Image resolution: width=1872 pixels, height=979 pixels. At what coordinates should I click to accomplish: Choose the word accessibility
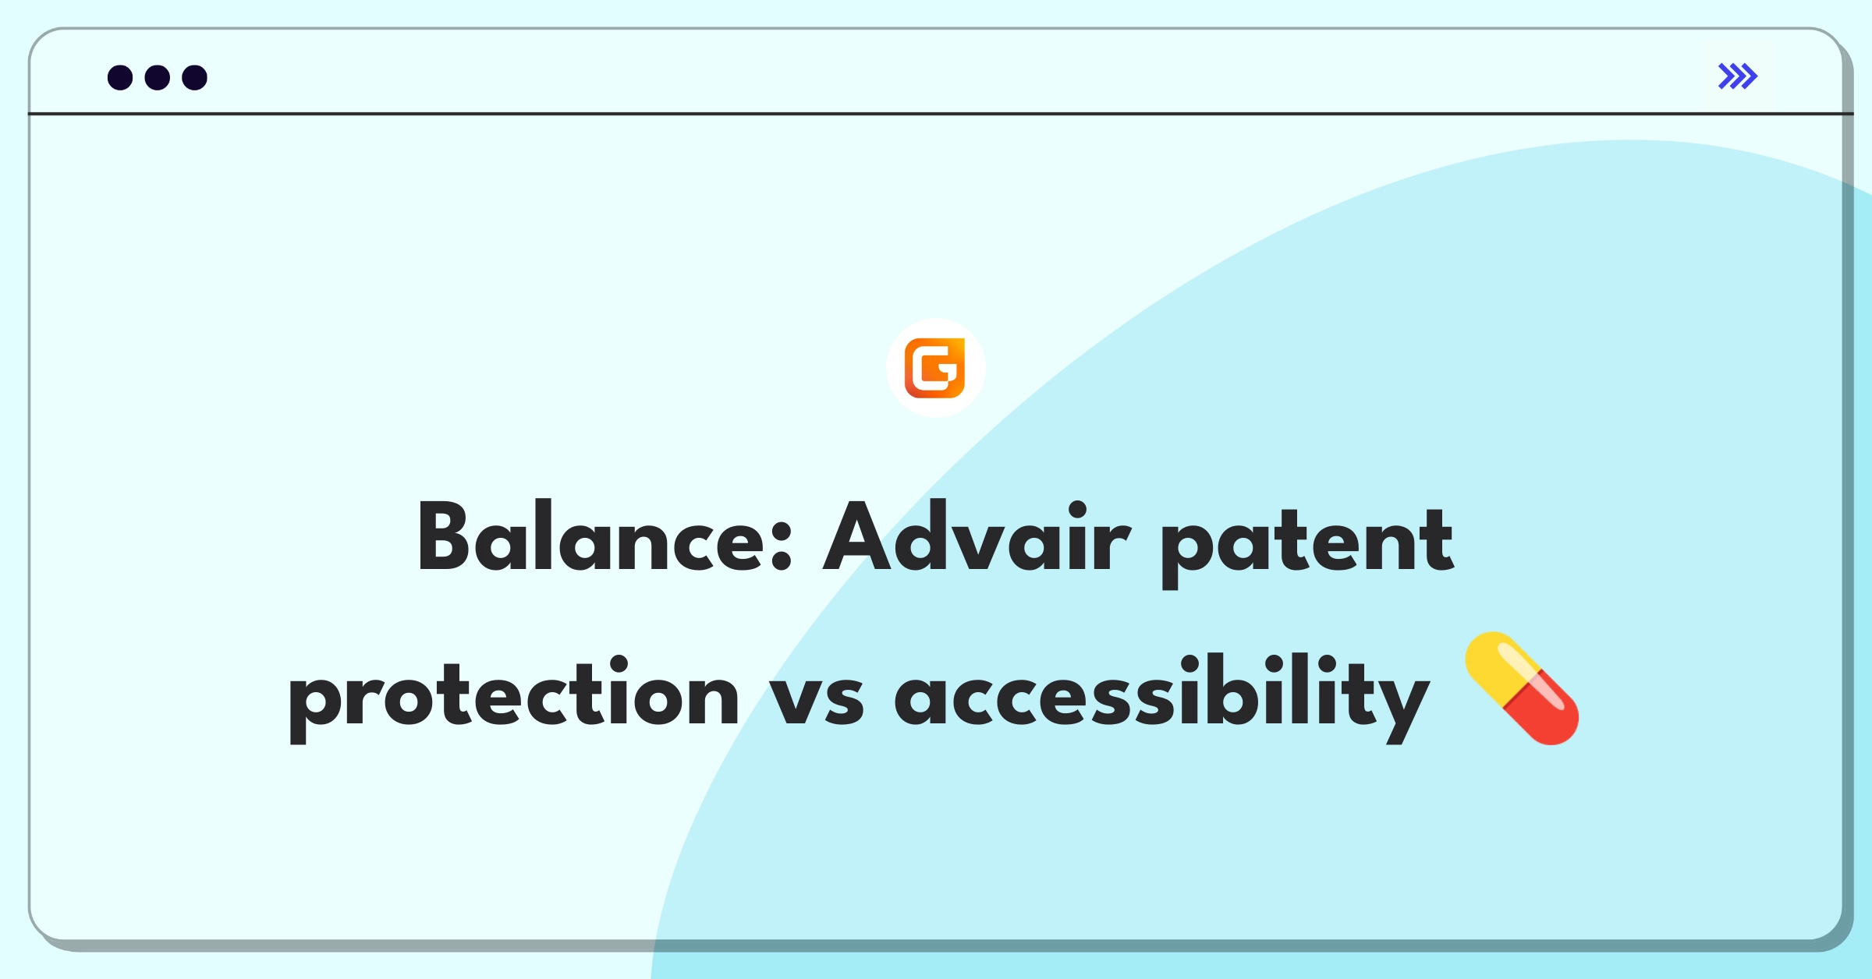point(1162,697)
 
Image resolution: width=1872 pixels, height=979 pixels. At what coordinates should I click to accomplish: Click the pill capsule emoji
point(1522,688)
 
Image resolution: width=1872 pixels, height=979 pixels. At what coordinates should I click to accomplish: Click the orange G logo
point(934,368)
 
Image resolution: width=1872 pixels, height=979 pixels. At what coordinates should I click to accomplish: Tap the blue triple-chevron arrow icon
point(1737,76)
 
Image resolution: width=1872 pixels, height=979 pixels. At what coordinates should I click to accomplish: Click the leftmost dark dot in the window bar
point(120,77)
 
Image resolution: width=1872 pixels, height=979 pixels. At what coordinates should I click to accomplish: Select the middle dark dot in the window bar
point(158,77)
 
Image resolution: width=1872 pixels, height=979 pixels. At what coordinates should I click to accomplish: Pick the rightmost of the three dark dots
point(195,77)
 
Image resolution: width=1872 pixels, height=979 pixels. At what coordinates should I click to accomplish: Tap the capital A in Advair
point(856,536)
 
